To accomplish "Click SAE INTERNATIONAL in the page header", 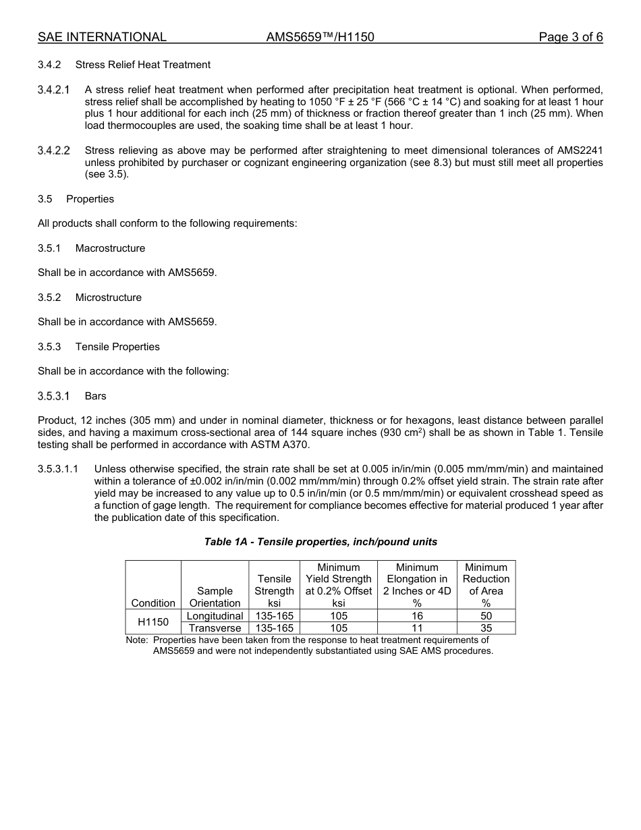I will (102, 37).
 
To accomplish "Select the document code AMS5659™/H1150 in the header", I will (320, 37).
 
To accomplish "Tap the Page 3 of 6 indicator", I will (570, 37).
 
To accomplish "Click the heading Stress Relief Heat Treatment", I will (142, 65).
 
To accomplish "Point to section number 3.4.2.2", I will (54, 150).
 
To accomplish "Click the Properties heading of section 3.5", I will (90, 199).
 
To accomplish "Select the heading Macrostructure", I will (110, 248).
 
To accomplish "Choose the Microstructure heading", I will (108, 298).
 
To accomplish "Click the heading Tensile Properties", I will (117, 347).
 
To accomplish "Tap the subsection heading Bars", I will (95, 396).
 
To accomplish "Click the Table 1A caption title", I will (320, 542).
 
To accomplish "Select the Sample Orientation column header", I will (215, 597).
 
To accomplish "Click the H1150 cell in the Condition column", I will (153, 621).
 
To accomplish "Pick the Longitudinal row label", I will (215, 616).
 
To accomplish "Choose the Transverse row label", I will (215, 628).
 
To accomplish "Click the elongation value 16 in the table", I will (417, 616).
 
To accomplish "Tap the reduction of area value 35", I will (486, 628).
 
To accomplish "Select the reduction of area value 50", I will (486, 616).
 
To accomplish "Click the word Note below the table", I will (137, 640).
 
